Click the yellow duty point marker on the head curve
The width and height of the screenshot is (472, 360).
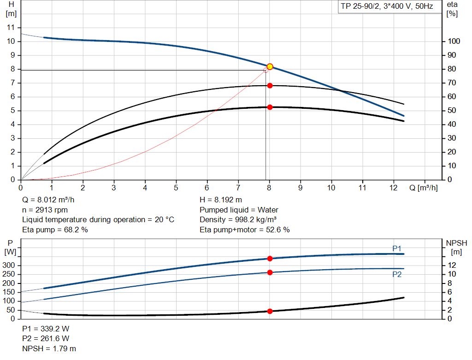click(x=270, y=67)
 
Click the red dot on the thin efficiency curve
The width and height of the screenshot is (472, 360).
click(x=270, y=86)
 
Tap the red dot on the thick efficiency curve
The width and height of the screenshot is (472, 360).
click(x=270, y=107)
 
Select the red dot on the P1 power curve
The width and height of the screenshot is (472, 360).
click(x=270, y=259)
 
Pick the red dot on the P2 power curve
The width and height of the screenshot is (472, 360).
click(x=270, y=272)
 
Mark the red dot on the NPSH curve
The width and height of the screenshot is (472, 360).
click(x=270, y=311)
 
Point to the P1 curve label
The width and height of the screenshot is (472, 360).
click(x=397, y=248)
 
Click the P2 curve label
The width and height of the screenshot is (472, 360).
click(x=397, y=275)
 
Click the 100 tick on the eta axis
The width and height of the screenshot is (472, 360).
click(x=454, y=41)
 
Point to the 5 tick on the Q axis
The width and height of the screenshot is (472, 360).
click(x=176, y=188)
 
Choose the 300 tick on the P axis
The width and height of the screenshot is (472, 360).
click(x=11, y=266)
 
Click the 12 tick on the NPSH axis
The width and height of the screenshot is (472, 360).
click(x=454, y=265)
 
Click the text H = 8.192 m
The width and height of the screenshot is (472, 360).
click(x=220, y=200)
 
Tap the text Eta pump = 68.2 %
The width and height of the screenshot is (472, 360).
click(x=55, y=230)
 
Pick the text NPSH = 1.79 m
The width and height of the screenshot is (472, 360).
click(x=49, y=348)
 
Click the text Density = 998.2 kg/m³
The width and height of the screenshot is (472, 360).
click(x=238, y=219)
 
